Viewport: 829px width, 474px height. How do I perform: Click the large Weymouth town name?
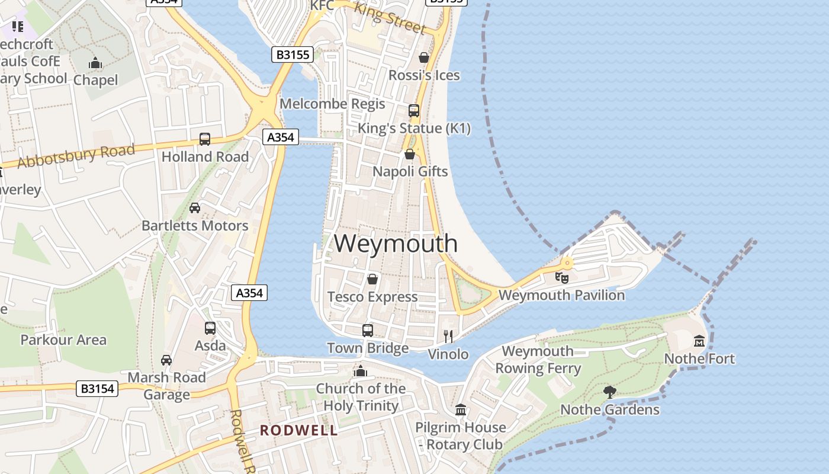pyautogui.click(x=396, y=244)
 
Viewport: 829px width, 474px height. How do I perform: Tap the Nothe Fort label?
pyautogui.click(x=699, y=358)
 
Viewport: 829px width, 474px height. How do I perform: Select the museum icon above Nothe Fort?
pyautogui.click(x=699, y=341)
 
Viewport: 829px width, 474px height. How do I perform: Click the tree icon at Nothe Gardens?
pyautogui.click(x=610, y=392)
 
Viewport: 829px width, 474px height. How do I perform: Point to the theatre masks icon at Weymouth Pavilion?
pyautogui.click(x=562, y=277)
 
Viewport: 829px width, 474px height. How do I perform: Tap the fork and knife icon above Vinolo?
pyautogui.click(x=448, y=337)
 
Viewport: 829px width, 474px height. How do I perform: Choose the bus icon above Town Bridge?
pyautogui.click(x=368, y=330)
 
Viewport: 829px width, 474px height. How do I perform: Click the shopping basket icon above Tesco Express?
pyautogui.click(x=372, y=278)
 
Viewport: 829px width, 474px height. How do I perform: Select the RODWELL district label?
pyautogui.click(x=299, y=430)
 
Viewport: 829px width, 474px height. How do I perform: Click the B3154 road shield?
pyautogui.click(x=97, y=389)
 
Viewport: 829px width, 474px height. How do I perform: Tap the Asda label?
pyautogui.click(x=210, y=345)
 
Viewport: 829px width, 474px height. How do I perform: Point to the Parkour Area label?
pyautogui.click(x=63, y=340)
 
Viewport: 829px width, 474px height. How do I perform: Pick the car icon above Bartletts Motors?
pyautogui.click(x=195, y=208)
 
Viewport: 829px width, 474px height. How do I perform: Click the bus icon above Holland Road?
pyautogui.click(x=205, y=139)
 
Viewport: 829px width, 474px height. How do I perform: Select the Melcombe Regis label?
pyautogui.click(x=332, y=104)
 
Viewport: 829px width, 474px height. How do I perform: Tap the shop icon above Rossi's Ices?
pyautogui.click(x=424, y=57)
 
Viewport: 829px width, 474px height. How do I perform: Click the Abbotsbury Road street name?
pyautogui.click(x=76, y=155)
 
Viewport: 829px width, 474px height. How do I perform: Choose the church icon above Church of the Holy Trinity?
pyautogui.click(x=360, y=371)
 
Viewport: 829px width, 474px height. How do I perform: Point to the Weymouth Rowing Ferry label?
pyautogui.click(x=538, y=360)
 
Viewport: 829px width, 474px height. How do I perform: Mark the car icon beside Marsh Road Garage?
pyautogui.click(x=166, y=360)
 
